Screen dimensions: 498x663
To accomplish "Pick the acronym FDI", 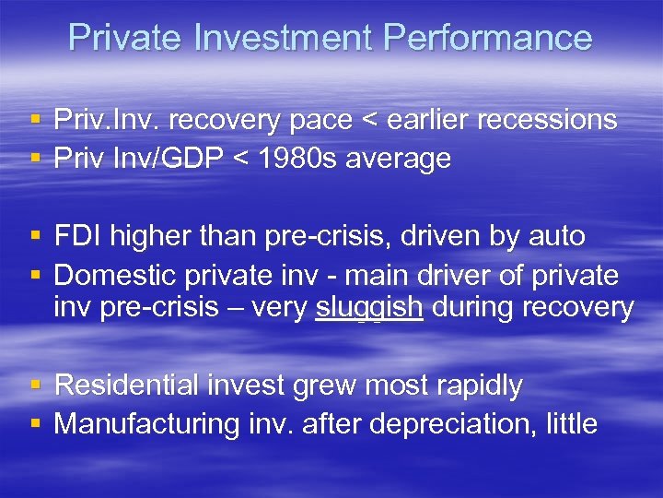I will (78, 236).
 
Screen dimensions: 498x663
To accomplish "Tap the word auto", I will (556, 236).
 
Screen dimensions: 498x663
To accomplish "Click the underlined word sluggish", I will (369, 307).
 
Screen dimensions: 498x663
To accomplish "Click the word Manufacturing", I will (147, 424).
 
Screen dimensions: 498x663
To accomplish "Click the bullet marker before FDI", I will (35, 237).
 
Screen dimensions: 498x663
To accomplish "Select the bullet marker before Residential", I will (35, 386).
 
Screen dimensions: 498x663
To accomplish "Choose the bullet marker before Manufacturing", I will (35, 425).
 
